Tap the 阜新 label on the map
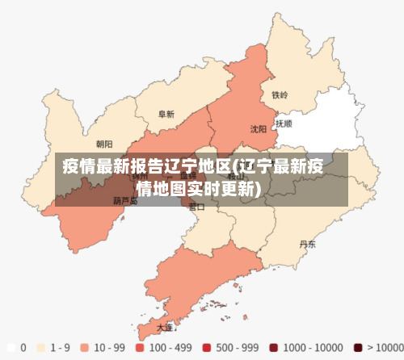click(166, 115)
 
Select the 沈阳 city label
click(258, 128)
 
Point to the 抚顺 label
click(284, 124)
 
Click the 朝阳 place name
click(104, 144)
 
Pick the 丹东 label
click(307, 244)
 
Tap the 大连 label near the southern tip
click(165, 328)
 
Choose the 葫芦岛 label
click(125, 200)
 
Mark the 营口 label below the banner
click(196, 207)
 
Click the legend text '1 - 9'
click(60, 348)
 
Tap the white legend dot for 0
click(11, 348)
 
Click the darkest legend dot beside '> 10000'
click(359, 348)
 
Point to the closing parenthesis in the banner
click(256, 189)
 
